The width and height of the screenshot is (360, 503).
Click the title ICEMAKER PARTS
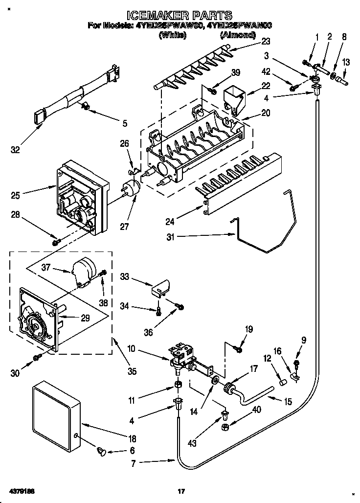[180, 15]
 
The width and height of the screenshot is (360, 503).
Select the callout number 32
[16, 149]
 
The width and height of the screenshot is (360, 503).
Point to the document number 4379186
[21, 490]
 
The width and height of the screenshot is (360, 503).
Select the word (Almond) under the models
[238, 35]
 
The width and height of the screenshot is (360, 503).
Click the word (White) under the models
[172, 35]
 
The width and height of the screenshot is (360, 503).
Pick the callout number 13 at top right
[346, 63]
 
